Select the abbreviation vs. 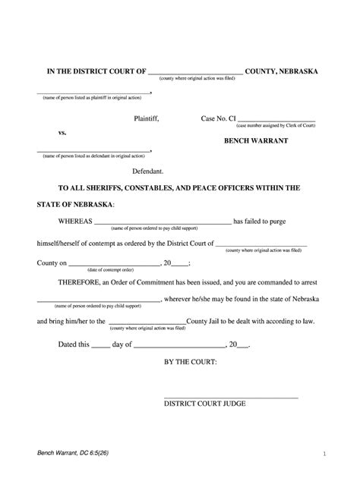pyautogui.click(x=63, y=133)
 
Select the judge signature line pyautogui.click(x=231, y=398)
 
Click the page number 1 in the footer pyautogui.click(x=324, y=454)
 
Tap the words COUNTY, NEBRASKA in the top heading pyautogui.click(x=283, y=71)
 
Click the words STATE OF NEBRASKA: pyautogui.click(x=76, y=205)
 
